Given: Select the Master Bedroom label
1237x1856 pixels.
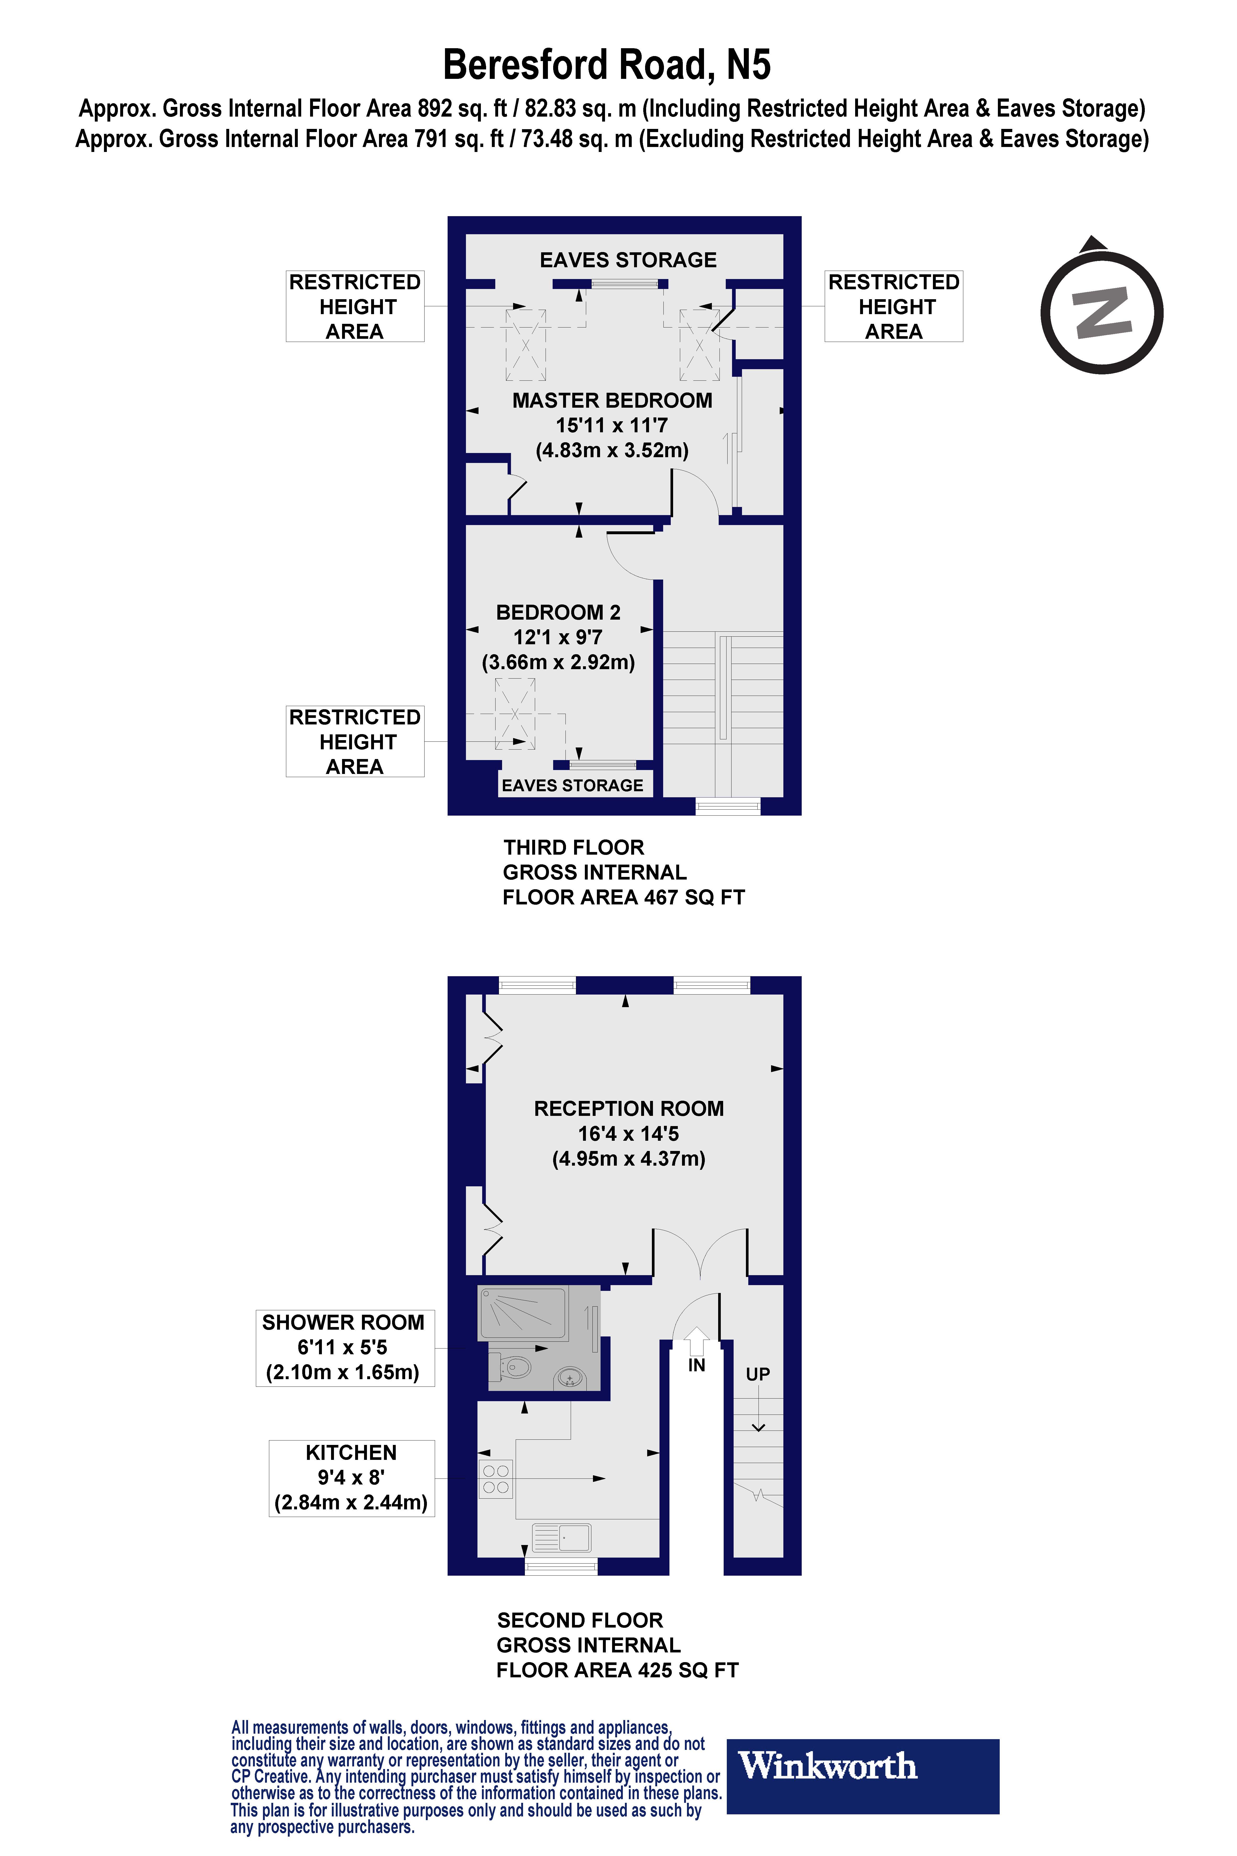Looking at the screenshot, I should tap(612, 425).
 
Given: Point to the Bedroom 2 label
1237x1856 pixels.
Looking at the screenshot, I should tap(559, 637).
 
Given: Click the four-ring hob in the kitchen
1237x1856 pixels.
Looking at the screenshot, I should tap(496, 1480).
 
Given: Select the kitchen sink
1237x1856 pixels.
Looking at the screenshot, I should tap(562, 1537).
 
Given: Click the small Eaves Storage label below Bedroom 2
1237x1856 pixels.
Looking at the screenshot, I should tap(573, 785).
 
